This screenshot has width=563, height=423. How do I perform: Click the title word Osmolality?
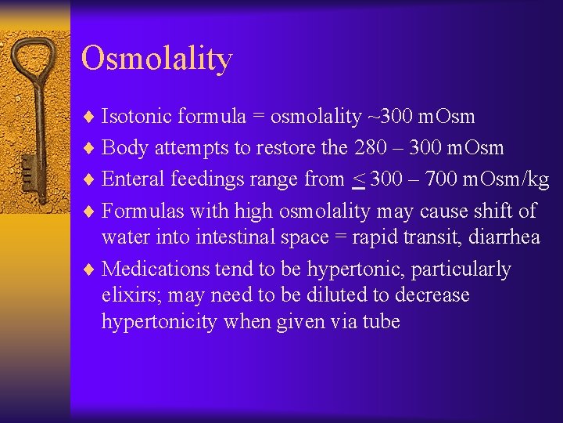point(156,59)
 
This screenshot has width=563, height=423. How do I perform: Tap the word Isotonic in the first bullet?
point(137,117)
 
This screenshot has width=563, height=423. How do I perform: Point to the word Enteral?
point(134,179)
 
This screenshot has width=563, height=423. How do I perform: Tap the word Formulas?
point(141,210)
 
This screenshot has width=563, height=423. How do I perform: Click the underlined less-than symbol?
point(357,179)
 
